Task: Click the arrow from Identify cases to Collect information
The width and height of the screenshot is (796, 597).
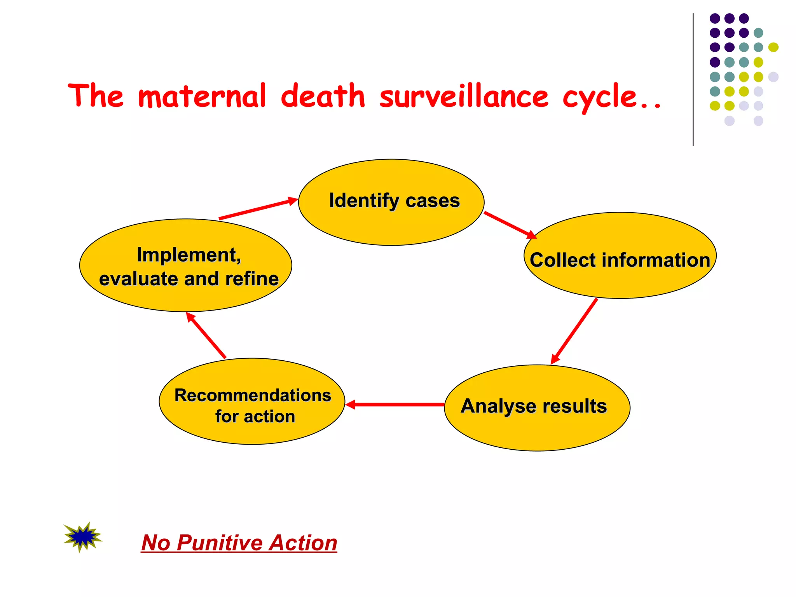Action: pyautogui.click(x=509, y=225)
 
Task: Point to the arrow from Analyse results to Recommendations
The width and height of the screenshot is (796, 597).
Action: pyautogui.click(x=395, y=405)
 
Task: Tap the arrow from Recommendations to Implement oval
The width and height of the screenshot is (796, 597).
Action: pyautogui.click(x=206, y=335)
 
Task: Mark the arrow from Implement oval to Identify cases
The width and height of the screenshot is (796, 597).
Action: pyautogui.click(x=258, y=209)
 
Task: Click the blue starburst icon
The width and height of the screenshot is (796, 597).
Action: pyautogui.click(x=82, y=537)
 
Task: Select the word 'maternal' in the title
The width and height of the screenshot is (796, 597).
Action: pyautogui.click(x=202, y=96)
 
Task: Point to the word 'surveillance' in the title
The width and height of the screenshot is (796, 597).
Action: pyautogui.click(x=464, y=96)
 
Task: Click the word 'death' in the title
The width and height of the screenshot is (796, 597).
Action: pyautogui.click(x=323, y=96)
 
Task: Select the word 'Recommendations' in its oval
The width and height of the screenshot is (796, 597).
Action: pyautogui.click(x=253, y=395)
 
